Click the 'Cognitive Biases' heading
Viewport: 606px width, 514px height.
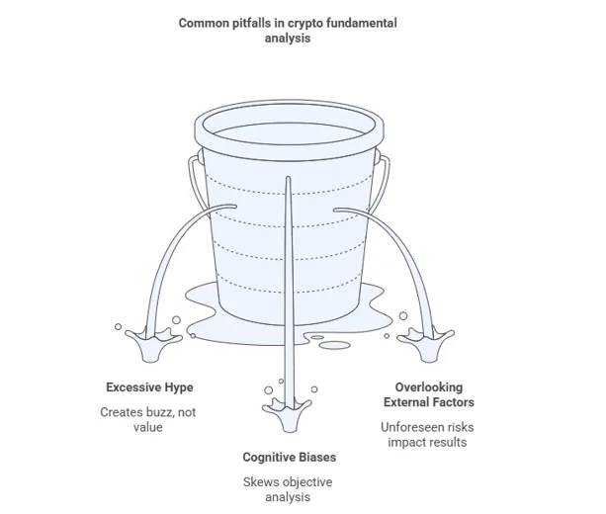[289, 457]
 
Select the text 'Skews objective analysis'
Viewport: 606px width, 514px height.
[289, 489]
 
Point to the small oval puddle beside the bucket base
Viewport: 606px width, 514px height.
[334, 345]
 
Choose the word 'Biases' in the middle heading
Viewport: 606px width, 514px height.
[315, 457]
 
